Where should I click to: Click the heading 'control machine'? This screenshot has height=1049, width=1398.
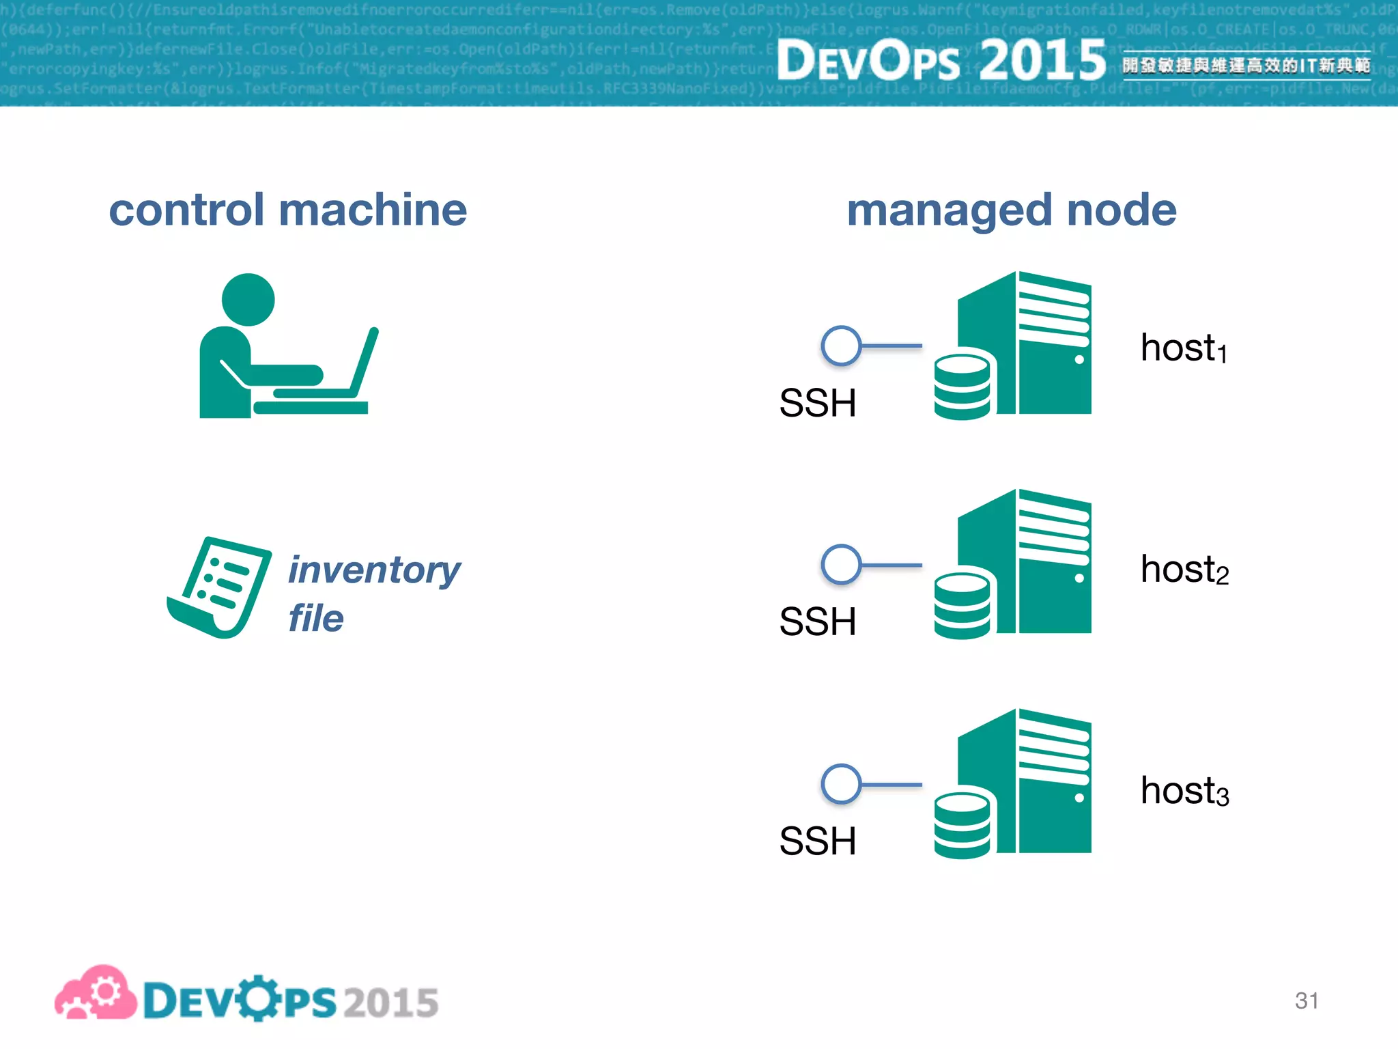[x=287, y=210]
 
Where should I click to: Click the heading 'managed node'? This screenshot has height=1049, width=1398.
[x=1011, y=210]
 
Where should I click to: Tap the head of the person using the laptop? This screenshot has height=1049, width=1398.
[x=248, y=300]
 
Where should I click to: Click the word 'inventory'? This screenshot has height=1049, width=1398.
[x=374, y=570]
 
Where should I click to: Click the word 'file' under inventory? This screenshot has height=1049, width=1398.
[x=315, y=618]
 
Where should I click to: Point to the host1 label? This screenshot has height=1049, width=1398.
[x=1183, y=348]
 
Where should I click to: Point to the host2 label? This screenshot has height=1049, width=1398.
[x=1184, y=570]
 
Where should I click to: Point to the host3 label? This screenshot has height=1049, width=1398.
[x=1184, y=791]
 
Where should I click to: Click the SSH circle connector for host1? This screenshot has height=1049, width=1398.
[x=841, y=346]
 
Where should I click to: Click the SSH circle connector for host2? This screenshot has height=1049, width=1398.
[x=841, y=565]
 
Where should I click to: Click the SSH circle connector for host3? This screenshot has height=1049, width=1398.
[x=841, y=784]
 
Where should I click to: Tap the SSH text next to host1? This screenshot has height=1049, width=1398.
[x=817, y=403]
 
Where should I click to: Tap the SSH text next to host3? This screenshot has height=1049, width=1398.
[x=817, y=841]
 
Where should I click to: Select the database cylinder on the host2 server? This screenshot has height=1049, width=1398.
[x=962, y=604]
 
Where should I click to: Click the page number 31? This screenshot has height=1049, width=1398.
[x=1306, y=1001]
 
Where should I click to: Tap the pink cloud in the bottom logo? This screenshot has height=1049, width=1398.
[x=96, y=994]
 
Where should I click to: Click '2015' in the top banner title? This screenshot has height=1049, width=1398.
[x=1042, y=60]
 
